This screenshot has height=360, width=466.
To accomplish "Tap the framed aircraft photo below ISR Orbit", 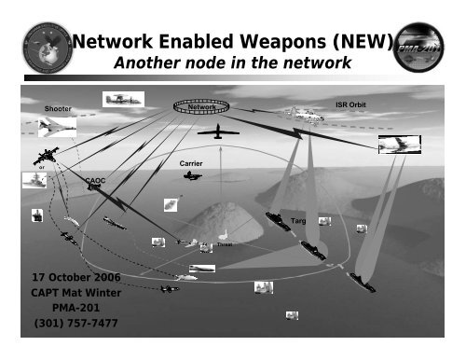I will click(x=398, y=145).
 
